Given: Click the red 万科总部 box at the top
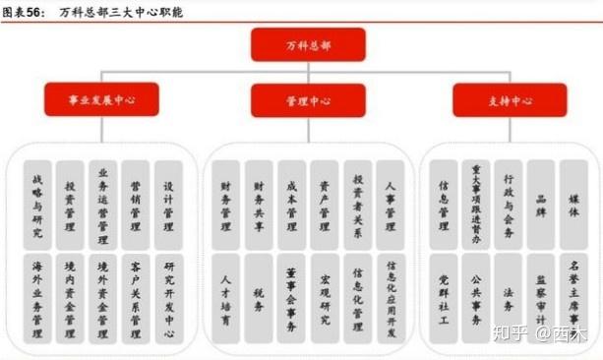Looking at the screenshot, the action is [307, 44].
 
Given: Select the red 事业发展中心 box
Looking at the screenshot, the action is [101, 100].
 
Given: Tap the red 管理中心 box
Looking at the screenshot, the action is [307, 100].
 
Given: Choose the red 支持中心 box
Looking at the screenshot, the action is [509, 100].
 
